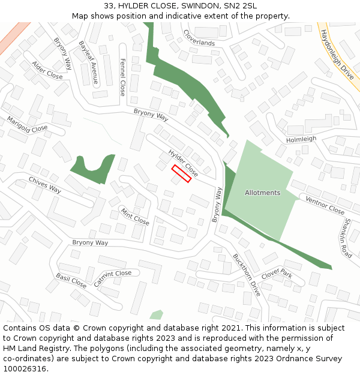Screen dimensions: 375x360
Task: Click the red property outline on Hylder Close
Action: [181, 173]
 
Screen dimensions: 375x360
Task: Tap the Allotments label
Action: [262, 193]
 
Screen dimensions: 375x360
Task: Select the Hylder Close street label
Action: [183, 160]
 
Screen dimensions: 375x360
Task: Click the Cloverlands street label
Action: [199, 38]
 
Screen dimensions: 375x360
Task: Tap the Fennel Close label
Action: [122, 77]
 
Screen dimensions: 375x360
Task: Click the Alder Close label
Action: [47, 70]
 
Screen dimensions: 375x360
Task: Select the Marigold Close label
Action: [27, 124]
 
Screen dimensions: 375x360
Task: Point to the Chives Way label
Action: [45, 185]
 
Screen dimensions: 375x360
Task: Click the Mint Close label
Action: [135, 217]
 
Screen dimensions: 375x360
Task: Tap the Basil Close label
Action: [71, 280]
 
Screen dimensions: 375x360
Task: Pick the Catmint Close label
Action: [112, 278]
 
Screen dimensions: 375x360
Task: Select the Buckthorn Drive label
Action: [247, 275]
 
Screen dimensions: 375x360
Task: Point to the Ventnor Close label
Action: [325, 205]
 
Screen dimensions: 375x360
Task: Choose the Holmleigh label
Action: [301, 139]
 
